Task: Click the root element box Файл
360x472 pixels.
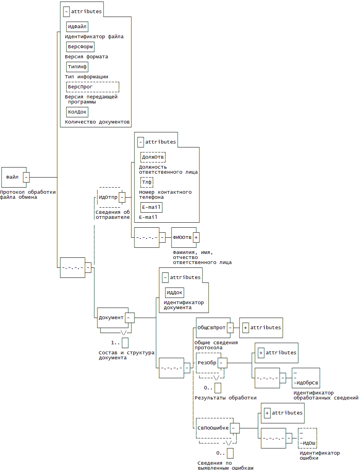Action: tap(12, 177)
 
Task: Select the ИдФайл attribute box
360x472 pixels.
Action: tap(77, 27)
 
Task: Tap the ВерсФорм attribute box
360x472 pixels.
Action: tap(80, 47)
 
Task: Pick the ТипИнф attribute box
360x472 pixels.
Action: tap(77, 67)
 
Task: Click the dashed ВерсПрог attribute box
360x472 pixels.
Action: tap(92, 87)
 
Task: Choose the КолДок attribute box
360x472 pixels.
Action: tap(77, 112)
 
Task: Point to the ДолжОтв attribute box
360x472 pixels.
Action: tap(153, 157)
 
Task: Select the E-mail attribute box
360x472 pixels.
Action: tap(151, 207)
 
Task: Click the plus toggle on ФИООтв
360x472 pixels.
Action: tap(196, 237)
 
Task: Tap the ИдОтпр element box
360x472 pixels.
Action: tap(108, 197)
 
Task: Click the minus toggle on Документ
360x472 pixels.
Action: tap(130, 318)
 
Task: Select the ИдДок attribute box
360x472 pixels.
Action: tap(174, 292)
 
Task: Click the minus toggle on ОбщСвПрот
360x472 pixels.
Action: tap(230, 328)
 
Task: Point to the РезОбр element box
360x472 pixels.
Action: tap(207, 363)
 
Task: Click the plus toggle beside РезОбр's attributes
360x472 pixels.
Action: tap(261, 353)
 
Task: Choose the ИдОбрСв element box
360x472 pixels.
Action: tap(306, 378)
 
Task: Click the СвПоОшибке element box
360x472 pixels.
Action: tap(213, 428)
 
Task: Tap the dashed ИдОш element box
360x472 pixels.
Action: tap(307, 438)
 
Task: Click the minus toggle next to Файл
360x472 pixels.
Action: tap(26, 177)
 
